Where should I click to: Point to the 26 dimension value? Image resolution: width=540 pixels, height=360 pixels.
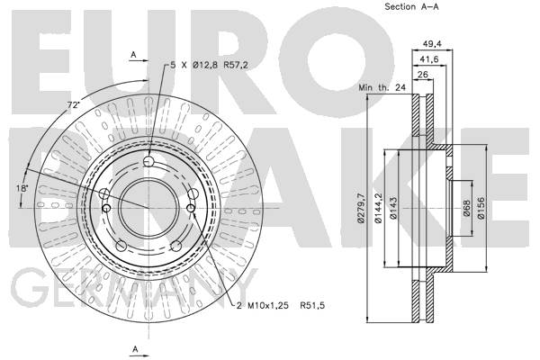coord(422,75)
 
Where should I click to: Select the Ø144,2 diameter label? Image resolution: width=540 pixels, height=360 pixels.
coord(379,208)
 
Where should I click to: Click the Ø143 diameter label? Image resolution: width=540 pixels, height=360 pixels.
coord(395,208)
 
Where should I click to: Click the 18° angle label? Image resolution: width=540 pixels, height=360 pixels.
coord(22,188)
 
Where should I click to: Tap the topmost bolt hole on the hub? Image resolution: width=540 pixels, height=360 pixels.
coord(149,162)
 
